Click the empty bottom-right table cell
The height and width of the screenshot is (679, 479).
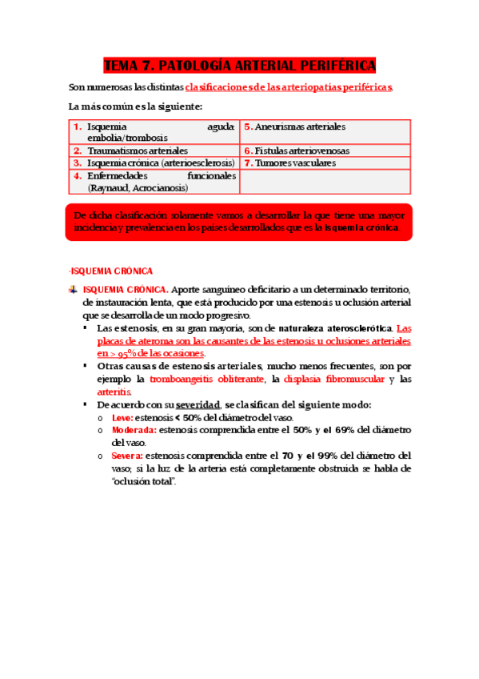[325, 182]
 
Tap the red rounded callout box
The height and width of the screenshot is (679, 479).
[239, 222]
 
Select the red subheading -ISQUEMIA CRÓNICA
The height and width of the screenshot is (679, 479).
[111, 271]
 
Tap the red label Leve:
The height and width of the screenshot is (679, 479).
[122, 417]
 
